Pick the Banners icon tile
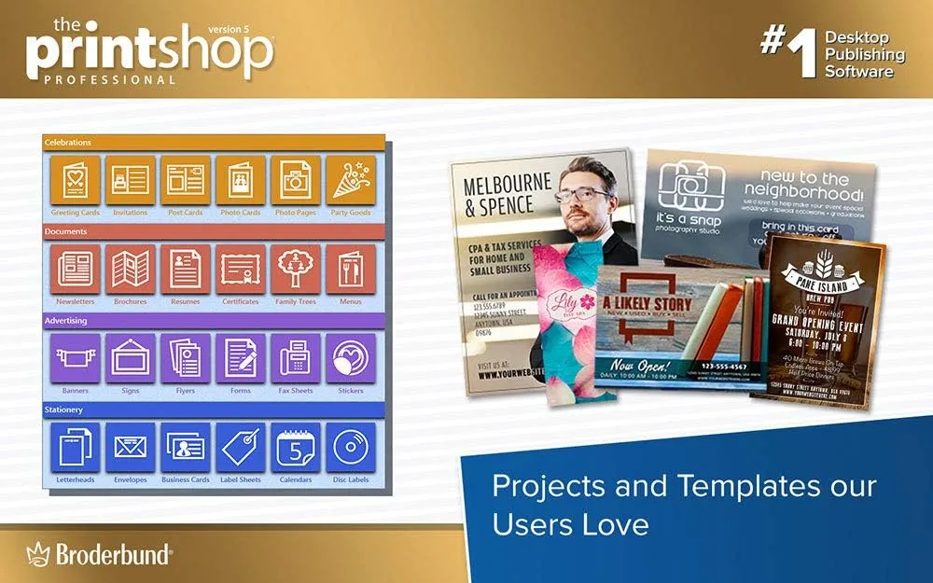click(x=75, y=358)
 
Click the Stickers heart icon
click(x=351, y=358)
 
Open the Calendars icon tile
click(x=296, y=448)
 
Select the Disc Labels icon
click(x=351, y=448)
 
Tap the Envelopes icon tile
click(x=130, y=448)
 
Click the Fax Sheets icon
click(x=296, y=358)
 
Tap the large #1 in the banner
click(x=787, y=51)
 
